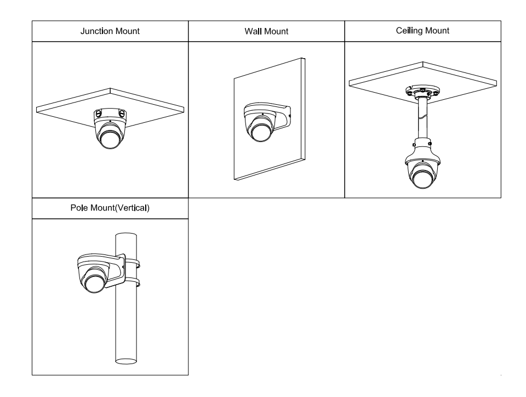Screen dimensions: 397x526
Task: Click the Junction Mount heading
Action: click(110, 31)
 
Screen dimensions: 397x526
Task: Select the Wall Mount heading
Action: click(266, 32)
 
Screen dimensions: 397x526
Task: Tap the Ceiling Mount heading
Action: click(422, 31)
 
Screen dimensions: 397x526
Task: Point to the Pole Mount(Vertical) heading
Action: click(110, 209)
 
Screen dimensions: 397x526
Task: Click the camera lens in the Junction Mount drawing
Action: click(110, 139)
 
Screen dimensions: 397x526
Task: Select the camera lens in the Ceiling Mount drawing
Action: click(422, 179)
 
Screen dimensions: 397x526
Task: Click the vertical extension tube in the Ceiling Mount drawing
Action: click(422, 118)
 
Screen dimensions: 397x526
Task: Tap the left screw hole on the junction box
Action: click(98, 114)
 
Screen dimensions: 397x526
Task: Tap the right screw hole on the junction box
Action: click(122, 114)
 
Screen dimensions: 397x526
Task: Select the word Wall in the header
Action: click(254, 32)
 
